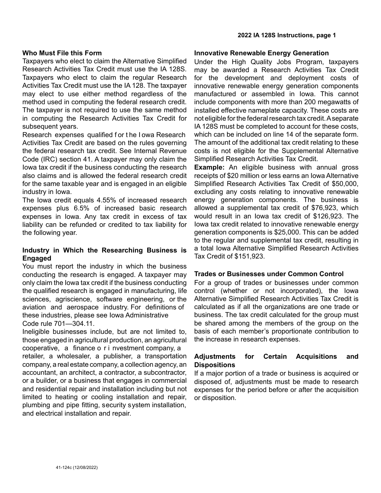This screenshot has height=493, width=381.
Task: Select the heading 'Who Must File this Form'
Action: coord(62,53)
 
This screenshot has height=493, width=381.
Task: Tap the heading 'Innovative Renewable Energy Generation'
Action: coord(261,53)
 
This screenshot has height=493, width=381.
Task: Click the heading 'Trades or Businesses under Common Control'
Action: coord(269,274)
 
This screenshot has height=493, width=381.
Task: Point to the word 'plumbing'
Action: coord(36,405)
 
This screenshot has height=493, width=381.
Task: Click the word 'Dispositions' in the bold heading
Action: coord(215,365)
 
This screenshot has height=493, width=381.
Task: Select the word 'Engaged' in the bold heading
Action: coord(36,259)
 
